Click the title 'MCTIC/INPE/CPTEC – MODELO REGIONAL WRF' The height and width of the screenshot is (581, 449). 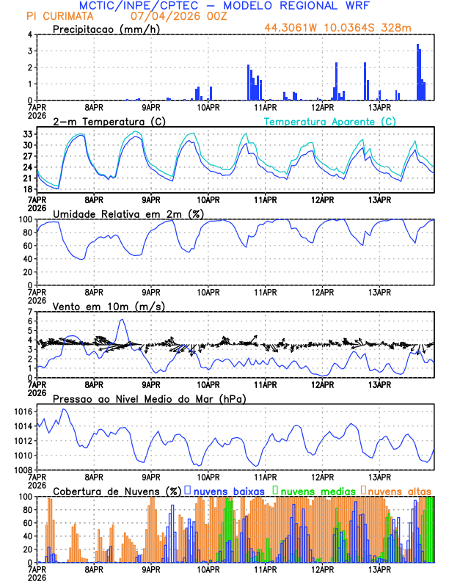pos(224,5)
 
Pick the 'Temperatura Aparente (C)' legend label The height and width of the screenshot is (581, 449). pos(330,121)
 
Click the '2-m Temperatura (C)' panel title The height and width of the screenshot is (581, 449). pos(104,121)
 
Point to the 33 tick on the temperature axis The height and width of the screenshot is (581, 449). pos(28,134)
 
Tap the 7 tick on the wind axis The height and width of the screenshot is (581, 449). pos(30,313)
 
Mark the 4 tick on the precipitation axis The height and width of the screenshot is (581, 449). pos(30,34)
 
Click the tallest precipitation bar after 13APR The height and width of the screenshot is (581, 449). pos(417,73)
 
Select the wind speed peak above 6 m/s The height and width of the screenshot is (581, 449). pos(122,320)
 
